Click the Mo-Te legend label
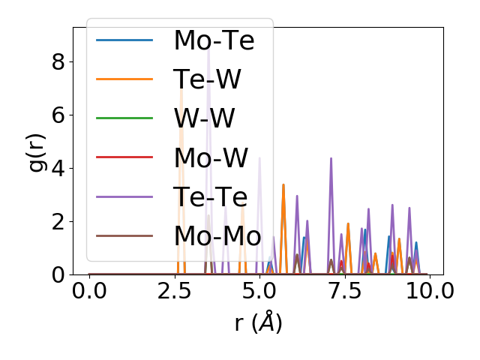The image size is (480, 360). [214, 40]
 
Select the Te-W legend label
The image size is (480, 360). [208, 79]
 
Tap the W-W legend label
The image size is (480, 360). [204, 118]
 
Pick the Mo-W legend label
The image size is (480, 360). [211, 157]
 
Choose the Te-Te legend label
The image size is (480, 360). [211, 196]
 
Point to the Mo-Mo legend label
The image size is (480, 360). [217, 235]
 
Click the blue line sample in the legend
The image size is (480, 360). [124, 40]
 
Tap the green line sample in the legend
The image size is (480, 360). [124, 118]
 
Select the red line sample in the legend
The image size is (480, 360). [124, 157]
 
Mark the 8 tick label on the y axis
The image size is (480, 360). [58, 61]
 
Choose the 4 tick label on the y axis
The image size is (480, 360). [58, 168]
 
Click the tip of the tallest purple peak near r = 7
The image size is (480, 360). [331, 158]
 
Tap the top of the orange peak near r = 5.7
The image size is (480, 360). [283, 184]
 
